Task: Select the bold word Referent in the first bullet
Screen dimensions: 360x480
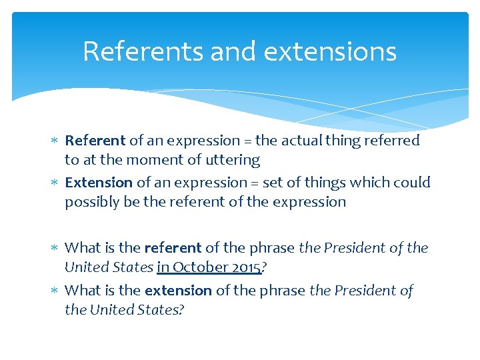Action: (x=95, y=141)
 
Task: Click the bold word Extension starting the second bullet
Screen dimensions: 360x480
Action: (x=99, y=183)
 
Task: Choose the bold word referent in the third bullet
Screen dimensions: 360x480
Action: (x=173, y=248)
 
